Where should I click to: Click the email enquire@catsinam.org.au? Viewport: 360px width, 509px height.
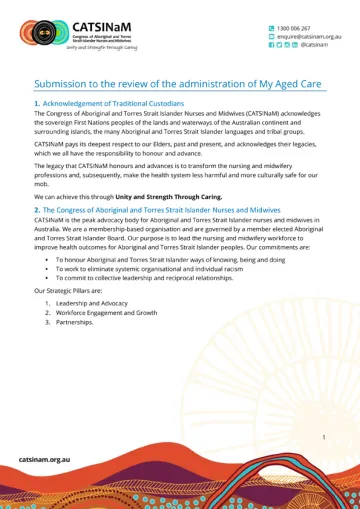click(x=311, y=37)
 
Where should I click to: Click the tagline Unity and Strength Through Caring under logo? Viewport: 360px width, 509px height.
click(x=103, y=46)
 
